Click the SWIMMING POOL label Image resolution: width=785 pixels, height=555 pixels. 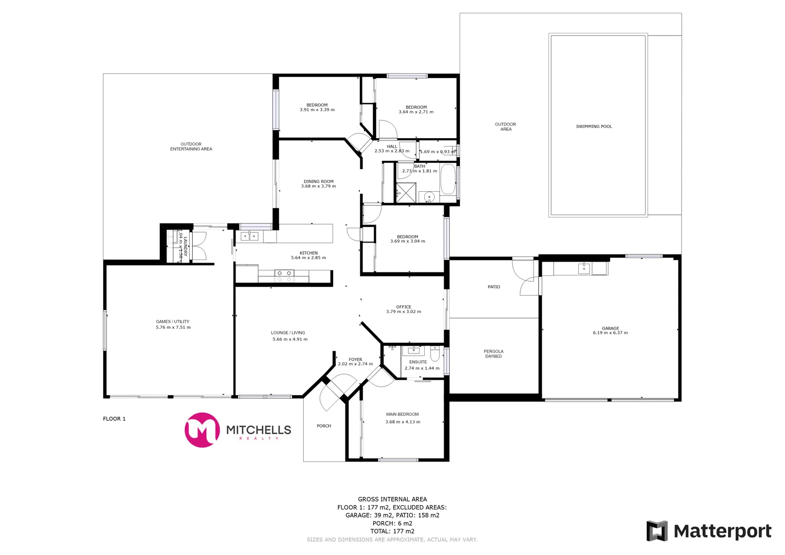tap(594, 126)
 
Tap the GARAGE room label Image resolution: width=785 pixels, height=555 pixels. tap(610, 328)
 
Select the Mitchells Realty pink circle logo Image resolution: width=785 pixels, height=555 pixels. tap(202, 430)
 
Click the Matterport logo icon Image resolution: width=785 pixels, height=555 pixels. tap(656, 531)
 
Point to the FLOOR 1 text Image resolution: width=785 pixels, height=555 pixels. tap(114, 419)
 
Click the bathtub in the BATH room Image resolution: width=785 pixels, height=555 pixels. tap(448, 179)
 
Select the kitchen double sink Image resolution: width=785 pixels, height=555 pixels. tap(249, 236)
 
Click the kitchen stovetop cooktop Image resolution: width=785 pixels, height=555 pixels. tap(284, 276)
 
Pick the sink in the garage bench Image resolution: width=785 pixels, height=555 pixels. tap(584, 268)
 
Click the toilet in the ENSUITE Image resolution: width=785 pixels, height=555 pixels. tap(435, 354)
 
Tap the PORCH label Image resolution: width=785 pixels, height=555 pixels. tap(324, 426)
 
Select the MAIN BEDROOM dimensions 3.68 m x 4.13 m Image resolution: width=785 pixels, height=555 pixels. tap(403, 422)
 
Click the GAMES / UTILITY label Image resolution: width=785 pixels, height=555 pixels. tap(173, 322)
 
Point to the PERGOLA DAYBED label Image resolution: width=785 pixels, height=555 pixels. tap(494, 354)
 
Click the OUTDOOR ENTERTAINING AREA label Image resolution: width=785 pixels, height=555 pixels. tap(191, 146)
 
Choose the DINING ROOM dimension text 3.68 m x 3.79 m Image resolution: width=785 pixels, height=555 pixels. tap(318, 186)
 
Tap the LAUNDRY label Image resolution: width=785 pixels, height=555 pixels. tap(186, 246)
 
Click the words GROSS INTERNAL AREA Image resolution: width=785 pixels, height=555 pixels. tap(392, 499)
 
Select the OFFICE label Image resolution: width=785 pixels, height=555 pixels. tap(404, 307)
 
